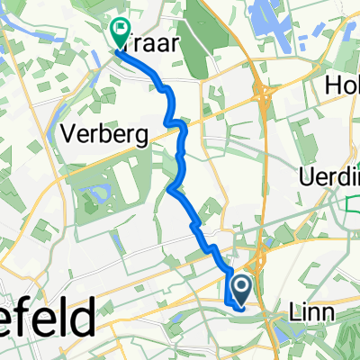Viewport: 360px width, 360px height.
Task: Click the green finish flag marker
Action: click(120, 32)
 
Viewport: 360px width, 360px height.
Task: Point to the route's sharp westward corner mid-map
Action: click(169, 188)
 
